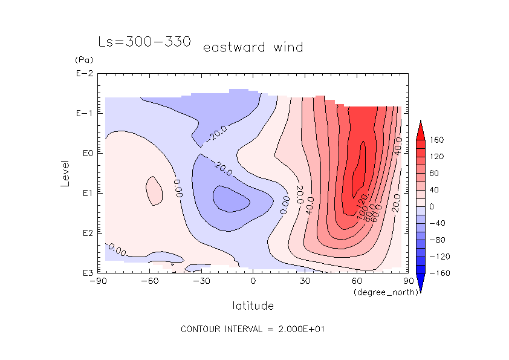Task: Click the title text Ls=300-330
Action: [x=144, y=42]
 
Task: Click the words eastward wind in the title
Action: [x=253, y=47]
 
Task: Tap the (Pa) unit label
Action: [x=83, y=60]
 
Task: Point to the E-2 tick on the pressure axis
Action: [x=83, y=74]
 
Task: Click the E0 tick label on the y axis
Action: [x=85, y=154]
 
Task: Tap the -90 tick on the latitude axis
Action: [x=97, y=281]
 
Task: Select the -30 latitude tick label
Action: [x=200, y=281]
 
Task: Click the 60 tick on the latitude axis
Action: [x=357, y=281]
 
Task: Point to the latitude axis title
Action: [x=253, y=306]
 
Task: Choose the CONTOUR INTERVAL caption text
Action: [x=253, y=330]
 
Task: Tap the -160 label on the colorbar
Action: [x=438, y=273]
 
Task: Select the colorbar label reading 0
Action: [x=432, y=206]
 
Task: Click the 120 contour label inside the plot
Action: [x=361, y=199]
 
